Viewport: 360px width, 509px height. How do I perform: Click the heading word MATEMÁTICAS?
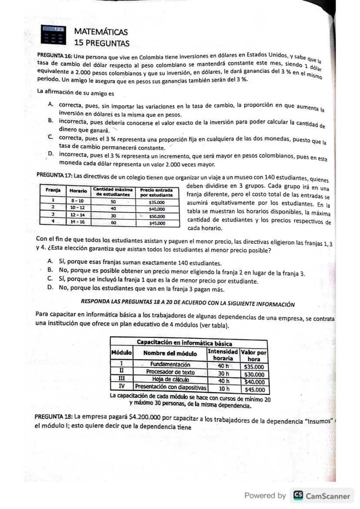tap(101, 32)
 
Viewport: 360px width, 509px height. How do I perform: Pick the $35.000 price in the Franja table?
tap(156, 202)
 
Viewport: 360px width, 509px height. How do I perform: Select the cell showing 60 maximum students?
tap(113, 223)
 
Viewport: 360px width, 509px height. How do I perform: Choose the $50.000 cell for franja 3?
tap(156, 216)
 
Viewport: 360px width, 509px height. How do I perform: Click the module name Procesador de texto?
tap(170, 373)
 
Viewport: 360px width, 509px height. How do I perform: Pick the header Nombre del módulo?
tap(170, 353)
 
